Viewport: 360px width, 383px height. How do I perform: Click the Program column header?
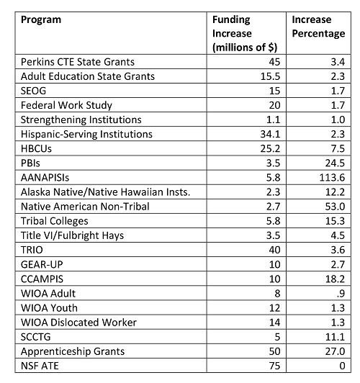[41, 20]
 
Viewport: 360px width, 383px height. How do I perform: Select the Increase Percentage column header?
[318, 27]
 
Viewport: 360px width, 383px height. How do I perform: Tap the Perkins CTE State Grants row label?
[78, 62]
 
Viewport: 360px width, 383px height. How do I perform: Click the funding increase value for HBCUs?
[270, 149]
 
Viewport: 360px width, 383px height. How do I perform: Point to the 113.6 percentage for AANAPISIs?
[332, 178]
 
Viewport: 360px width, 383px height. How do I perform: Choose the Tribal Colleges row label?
[54, 221]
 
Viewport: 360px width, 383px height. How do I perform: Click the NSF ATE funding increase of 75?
[274, 366]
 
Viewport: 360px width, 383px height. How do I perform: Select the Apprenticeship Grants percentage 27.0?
[335, 351]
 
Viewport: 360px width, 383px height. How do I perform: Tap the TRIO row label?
[32, 250]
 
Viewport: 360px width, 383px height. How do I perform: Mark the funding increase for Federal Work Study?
[274, 105]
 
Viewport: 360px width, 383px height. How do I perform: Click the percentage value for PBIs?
[335, 163]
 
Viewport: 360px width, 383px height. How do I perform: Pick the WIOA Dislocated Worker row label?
[78, 323]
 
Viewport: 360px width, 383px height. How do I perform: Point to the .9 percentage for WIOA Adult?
[341, 294]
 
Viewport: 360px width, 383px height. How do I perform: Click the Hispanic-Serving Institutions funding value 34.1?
[270, 135]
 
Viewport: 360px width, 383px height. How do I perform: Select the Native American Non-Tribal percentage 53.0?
[335, 207]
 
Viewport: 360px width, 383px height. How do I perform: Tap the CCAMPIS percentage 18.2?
[335, 279]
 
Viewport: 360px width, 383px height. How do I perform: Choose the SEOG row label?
[33, 91]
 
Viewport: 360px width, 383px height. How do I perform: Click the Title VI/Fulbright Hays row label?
[72, 235]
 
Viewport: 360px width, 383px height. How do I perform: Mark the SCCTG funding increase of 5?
[277, 337]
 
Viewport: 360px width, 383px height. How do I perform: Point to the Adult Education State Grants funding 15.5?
[270, 76]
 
